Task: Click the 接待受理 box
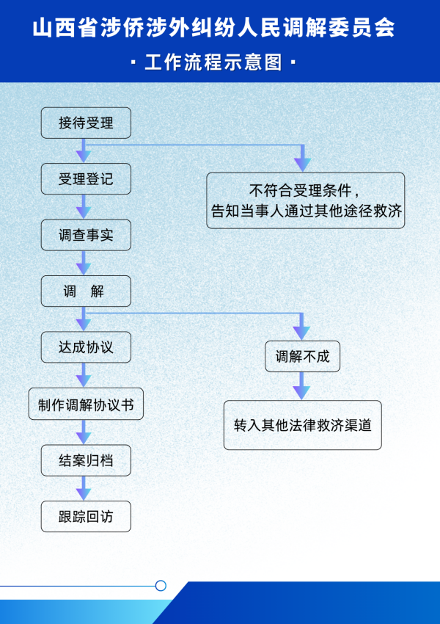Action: click(x=86, y=123)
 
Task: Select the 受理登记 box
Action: click(x=86, y=179)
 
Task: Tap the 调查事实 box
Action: click(x=86, y=236)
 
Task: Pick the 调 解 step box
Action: click(x=86, y=291)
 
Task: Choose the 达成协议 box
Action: click(x=86, y=347)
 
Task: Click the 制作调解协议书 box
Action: click(x=86, y=404)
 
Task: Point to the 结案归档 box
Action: click(x=86, y=461)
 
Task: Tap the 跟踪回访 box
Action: click(x=86, y=516)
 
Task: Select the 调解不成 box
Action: click(x=302, y=358)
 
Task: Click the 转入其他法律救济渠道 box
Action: click(x=302, y=425)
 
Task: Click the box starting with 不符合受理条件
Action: click(x=305, y=200)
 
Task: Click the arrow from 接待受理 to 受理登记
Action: click(x=84, y=151)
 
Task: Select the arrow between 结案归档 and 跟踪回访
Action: click(x=84, y=489)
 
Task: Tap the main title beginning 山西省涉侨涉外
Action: click(x=214, y=28)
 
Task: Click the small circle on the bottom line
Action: click(x=161, y=586)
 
